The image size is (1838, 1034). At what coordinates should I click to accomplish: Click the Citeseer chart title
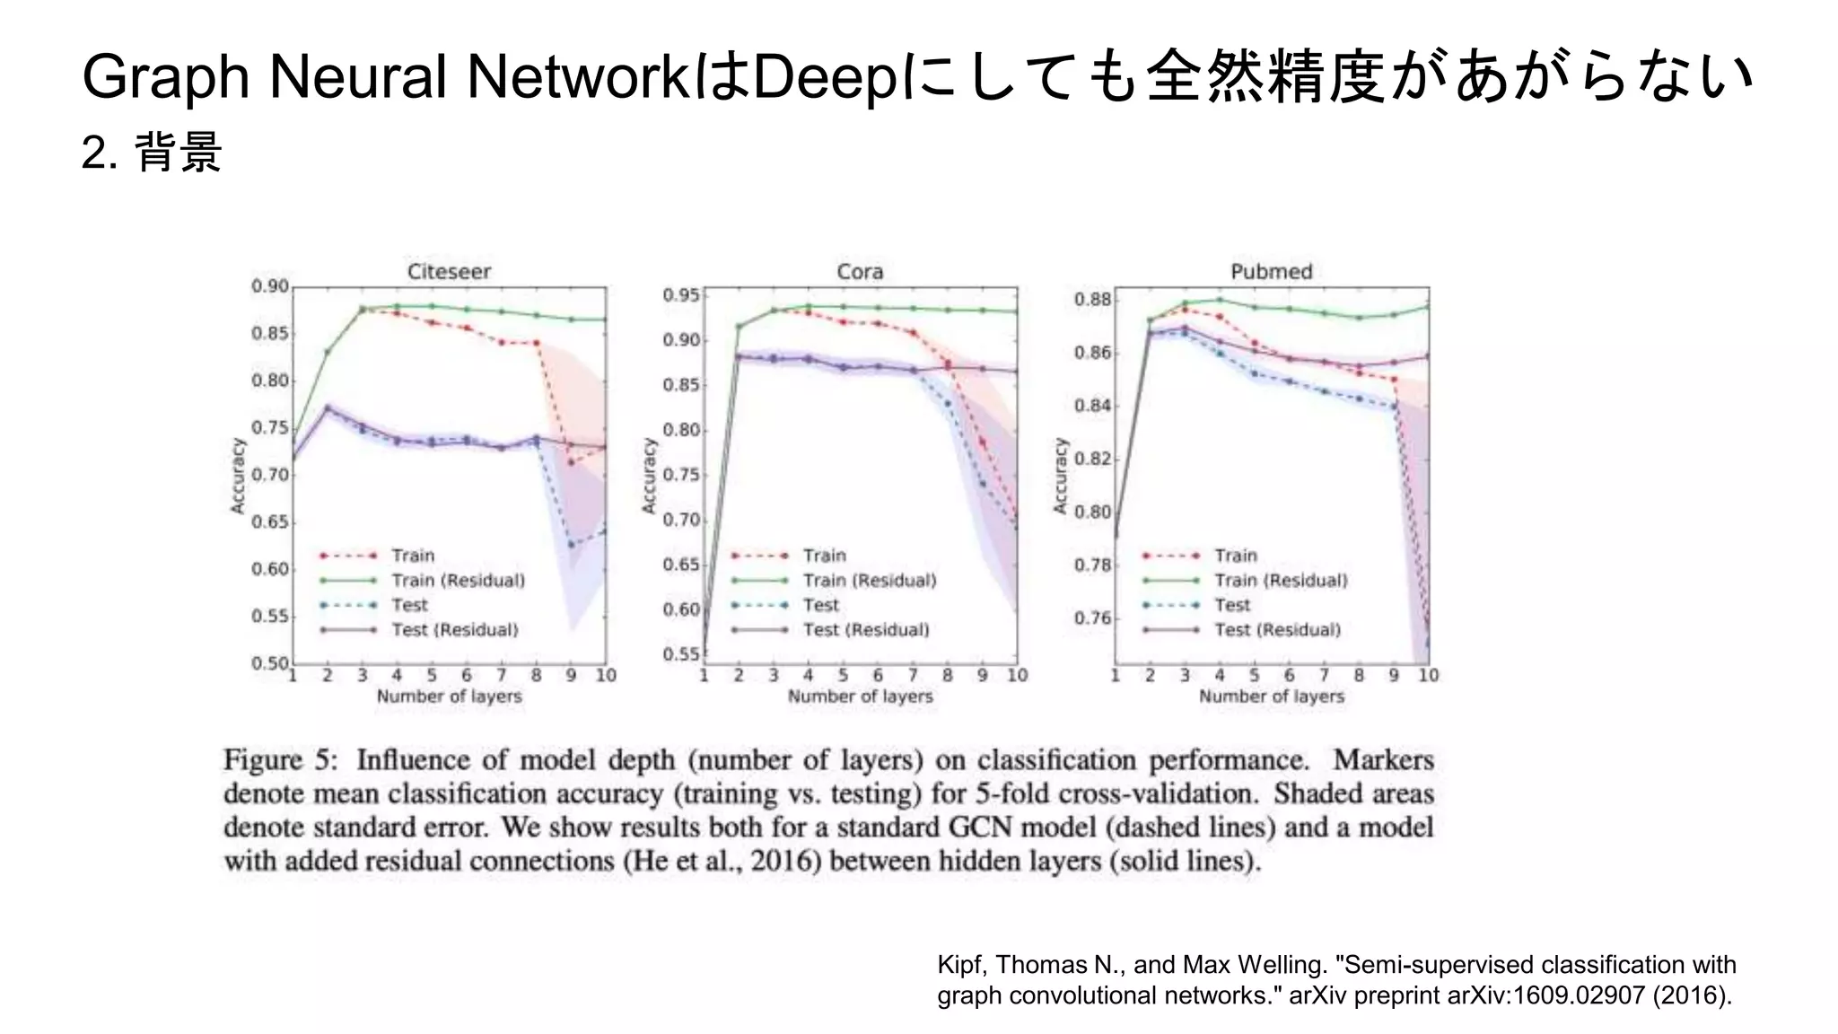coord(449,271)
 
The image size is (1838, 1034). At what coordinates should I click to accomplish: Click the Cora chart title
coord(860,271)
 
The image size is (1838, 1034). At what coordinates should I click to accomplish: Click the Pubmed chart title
coord(1271,271)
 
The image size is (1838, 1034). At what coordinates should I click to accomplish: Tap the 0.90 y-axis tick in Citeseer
coord(270,286)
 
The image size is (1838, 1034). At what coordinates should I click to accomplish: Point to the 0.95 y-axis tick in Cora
coord(681,295)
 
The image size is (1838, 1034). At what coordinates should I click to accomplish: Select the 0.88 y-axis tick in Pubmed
coord(1092,299)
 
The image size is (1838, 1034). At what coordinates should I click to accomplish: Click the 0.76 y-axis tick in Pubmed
coord(1092,618)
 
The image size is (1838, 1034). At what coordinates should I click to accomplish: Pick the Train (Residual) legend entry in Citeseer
coord(458,581)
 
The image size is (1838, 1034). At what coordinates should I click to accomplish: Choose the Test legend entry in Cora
coord(821,606)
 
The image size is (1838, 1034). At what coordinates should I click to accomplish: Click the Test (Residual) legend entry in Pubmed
coord(1277,630)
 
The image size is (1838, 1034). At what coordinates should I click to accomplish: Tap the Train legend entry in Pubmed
coord(1236,556)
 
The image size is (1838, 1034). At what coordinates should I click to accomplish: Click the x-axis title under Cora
coord(860,697)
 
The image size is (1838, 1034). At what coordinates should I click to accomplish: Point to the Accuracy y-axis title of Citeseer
coord(238,476)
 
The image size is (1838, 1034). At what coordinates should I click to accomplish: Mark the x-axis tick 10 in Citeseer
coord(606,676)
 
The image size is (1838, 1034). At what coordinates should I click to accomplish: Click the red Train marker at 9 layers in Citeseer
coord(571,462)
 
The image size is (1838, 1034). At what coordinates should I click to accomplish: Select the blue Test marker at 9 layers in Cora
coord(982,484)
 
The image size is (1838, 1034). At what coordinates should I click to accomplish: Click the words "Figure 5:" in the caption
coord(280,760)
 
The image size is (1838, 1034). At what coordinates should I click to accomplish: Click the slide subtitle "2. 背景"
coord(152,153)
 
